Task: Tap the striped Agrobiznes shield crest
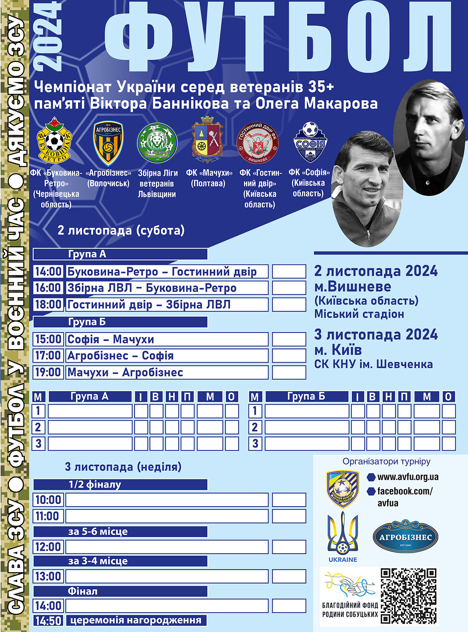click(x=108, y=143)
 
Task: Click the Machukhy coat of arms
click(x=207, y=139)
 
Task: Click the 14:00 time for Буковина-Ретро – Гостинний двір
click(x=48, y=271)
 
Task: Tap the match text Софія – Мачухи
click(x=111, y=339)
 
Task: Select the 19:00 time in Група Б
click(x=48, y=372)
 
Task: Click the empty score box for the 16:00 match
click(x=289, y=288)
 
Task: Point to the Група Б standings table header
click(x=306, y=397)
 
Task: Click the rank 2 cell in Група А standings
click(x=38, y=427)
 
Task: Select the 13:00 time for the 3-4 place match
click(x=48, y=576)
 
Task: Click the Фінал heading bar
click(x=120, y=591)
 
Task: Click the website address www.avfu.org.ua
click(x=408, y=477)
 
